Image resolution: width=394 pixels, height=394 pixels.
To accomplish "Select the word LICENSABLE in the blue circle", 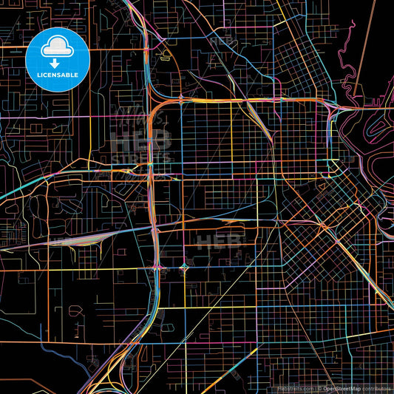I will (x=58, y=74).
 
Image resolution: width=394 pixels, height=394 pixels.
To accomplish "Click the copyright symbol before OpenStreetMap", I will (x=319, y=388).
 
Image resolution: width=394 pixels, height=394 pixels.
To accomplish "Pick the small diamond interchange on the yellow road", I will (x=183, y=266).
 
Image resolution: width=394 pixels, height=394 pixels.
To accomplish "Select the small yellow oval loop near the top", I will (x=167, y=55).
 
